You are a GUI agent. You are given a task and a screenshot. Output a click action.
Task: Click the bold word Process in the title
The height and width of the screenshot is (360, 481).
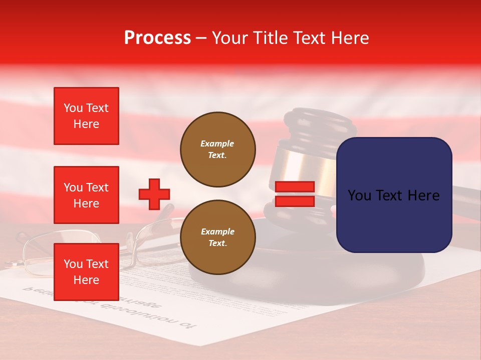(157, 38)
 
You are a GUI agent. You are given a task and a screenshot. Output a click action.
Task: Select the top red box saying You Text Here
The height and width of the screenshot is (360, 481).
(86, 116)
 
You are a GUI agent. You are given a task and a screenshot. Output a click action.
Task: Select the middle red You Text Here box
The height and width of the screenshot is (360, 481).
(86, 195)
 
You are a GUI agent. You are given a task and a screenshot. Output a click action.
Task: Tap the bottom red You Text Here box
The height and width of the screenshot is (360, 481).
(86, 272)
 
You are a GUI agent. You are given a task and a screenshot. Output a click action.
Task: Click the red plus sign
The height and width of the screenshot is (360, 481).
(154, 194)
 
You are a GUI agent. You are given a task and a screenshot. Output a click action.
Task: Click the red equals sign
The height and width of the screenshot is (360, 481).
(295, 194)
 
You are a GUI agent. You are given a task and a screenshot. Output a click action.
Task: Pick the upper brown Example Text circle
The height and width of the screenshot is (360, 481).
(217, 149)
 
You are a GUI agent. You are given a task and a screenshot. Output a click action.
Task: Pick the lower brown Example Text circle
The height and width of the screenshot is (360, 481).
(217, 237)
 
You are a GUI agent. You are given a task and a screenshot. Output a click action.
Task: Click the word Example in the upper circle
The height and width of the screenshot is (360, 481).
(217, 143)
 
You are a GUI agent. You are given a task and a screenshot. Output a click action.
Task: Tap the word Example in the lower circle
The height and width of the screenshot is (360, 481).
(217, 231)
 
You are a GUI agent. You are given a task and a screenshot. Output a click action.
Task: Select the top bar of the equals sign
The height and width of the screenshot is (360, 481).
(295, 187)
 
